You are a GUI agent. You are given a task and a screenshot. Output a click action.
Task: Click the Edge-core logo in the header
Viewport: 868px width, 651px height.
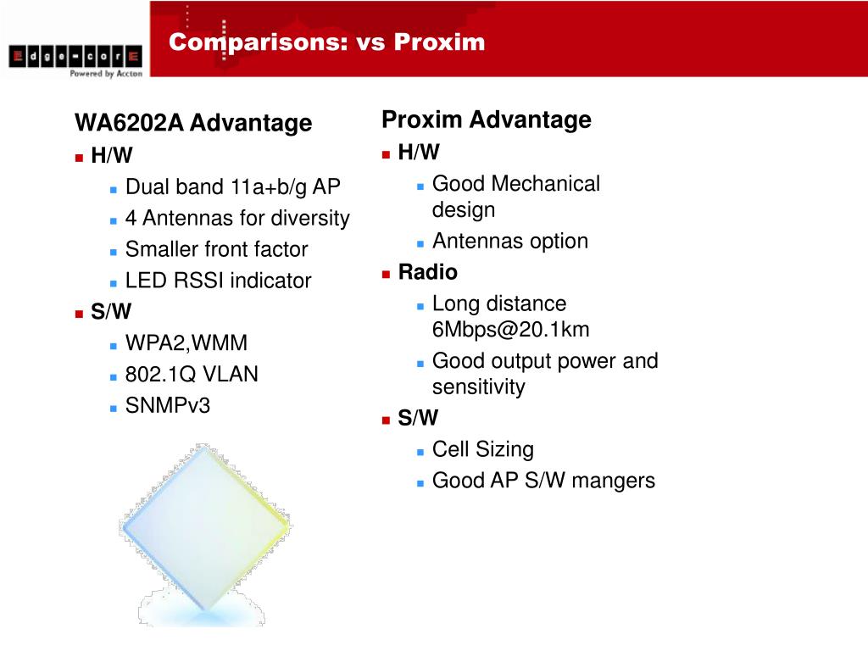click(75, 58)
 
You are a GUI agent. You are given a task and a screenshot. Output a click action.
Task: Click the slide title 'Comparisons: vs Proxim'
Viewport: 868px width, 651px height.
click(326, 42)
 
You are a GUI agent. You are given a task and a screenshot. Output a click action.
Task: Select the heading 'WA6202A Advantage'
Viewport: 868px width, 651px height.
click(193, 124)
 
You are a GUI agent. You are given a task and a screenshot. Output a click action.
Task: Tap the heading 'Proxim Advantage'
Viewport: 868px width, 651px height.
click(486, 120)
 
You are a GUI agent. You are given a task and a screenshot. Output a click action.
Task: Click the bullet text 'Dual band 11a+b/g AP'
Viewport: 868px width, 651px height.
click(232, 187)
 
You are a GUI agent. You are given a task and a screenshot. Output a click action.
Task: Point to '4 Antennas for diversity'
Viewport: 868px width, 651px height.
click(237, 219)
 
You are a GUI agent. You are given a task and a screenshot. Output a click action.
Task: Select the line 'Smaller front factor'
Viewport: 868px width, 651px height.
click(216, 250)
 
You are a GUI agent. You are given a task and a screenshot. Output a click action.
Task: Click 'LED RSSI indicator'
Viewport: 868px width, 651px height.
click(218, 281)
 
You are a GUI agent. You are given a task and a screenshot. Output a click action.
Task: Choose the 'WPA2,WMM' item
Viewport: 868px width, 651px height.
click(186, 343)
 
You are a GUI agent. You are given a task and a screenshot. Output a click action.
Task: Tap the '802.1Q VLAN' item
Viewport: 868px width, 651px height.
click(192, 375)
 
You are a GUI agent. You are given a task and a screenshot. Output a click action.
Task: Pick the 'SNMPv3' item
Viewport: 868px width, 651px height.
click(168, 406)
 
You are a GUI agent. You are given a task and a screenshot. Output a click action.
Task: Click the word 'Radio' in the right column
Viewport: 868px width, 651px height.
click(427, 272)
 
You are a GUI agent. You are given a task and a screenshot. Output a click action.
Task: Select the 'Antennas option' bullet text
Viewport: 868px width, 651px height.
click(509, 242)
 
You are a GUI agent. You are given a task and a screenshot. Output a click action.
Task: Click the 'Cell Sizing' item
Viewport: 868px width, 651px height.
click(482, 449)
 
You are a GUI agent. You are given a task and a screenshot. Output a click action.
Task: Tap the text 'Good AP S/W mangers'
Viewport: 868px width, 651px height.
click(543, 481)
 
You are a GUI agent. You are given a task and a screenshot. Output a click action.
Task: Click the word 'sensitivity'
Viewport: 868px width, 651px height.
click(478, 387)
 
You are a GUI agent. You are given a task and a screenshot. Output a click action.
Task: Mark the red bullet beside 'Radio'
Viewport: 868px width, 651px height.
click(386, 274)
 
